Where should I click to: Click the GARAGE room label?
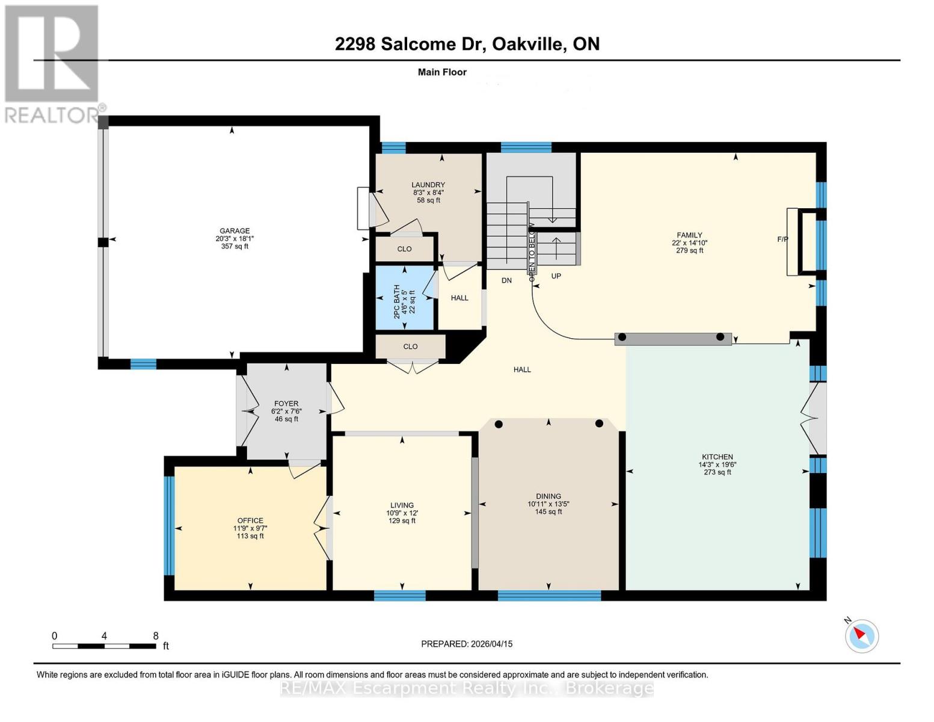click(235, 231)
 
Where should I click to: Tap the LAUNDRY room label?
click(428, 185)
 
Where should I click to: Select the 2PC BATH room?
click(405, 299)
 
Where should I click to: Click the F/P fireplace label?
click(782, 239)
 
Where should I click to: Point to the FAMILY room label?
click(689, 235)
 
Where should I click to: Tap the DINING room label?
click(548, 496)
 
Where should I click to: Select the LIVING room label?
click(402, 505)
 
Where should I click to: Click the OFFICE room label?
click(250, 520)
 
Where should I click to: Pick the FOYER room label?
click(286, 404)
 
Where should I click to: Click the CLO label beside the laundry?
click(404, 249)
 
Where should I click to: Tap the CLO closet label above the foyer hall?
click(410, 347)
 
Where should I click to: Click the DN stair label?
click(506, 280)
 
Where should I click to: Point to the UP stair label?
click(556, 276)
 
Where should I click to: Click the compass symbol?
click(862, 635)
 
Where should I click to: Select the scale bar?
click(104, 646)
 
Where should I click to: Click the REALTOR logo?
click(52, 63)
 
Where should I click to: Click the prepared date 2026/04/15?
click(491, 644)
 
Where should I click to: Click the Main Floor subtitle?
click(442, 72)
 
